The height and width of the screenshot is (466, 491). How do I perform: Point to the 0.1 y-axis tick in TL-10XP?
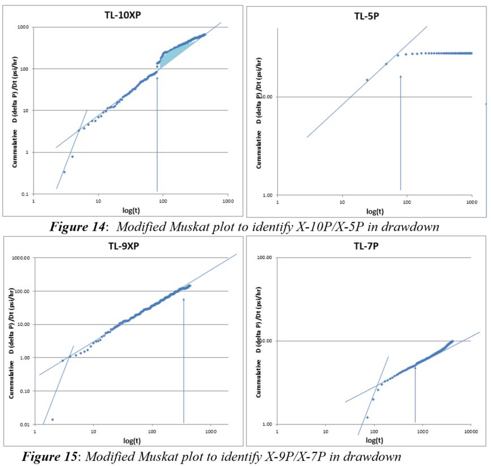click(x=25, y=194)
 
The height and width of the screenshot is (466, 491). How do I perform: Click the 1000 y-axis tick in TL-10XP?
click(x=23, y=27)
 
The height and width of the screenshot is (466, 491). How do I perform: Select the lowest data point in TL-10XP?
click(x=64, y=172)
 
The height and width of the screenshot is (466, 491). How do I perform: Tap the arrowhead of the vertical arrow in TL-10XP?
click(x=157, y=78)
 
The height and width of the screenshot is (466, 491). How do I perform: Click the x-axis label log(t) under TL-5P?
click(x=374, y=211)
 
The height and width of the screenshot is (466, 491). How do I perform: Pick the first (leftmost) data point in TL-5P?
click(x=367, y=79)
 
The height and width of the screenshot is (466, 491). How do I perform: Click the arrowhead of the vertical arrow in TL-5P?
click(x=400, y=76)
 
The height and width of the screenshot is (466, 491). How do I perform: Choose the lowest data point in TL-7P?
click(x=367, y=417)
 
